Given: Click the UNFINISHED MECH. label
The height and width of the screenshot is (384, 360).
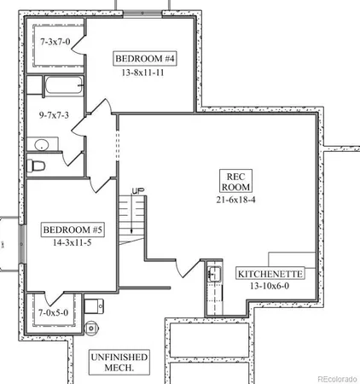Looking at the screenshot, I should (x=119, y=362).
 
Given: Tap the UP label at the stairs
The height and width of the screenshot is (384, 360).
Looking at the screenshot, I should (x=138, y=189).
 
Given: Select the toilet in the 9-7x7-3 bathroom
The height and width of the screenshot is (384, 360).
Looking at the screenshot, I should (x=36, y=166).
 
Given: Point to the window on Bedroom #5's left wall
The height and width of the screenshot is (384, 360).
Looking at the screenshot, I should (x=21, y=244).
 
